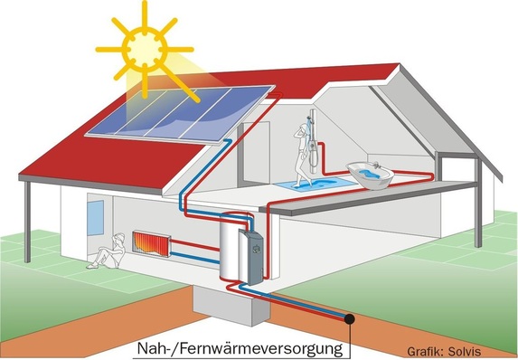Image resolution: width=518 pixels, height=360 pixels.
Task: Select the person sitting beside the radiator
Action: pos(108,250)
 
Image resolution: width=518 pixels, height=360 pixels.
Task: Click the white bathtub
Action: pos(372,175)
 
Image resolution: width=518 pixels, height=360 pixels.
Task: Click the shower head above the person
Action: pos(311,118)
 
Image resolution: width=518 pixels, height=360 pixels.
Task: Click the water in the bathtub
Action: pos(371,169)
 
